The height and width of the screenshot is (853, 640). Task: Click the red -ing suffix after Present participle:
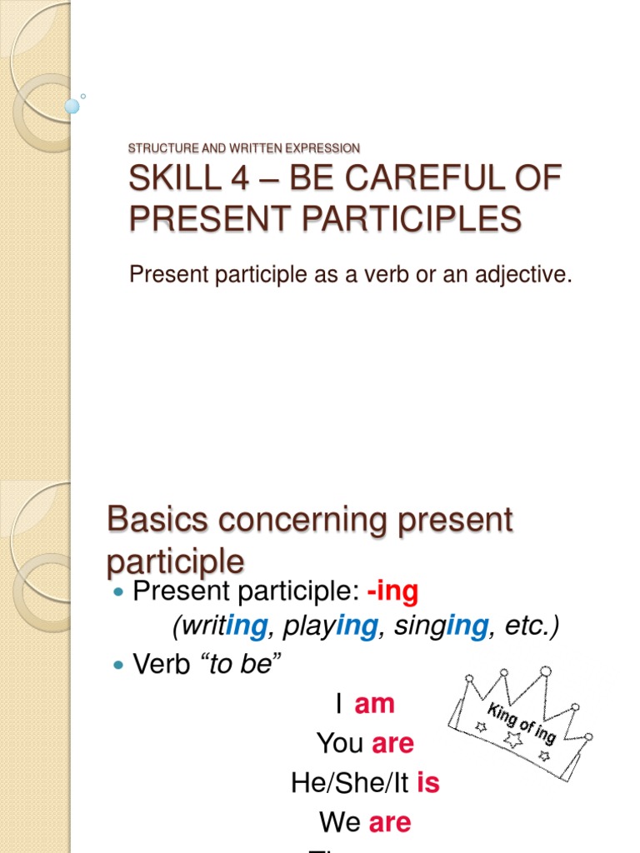point(392,592)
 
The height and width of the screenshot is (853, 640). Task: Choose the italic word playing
point(329,626)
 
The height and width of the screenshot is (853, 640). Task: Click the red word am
point(374,704)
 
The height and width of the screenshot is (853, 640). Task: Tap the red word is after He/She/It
point(427,783)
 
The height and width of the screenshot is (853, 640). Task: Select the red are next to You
point(392,743)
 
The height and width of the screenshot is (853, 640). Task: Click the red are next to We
point(390,822)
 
